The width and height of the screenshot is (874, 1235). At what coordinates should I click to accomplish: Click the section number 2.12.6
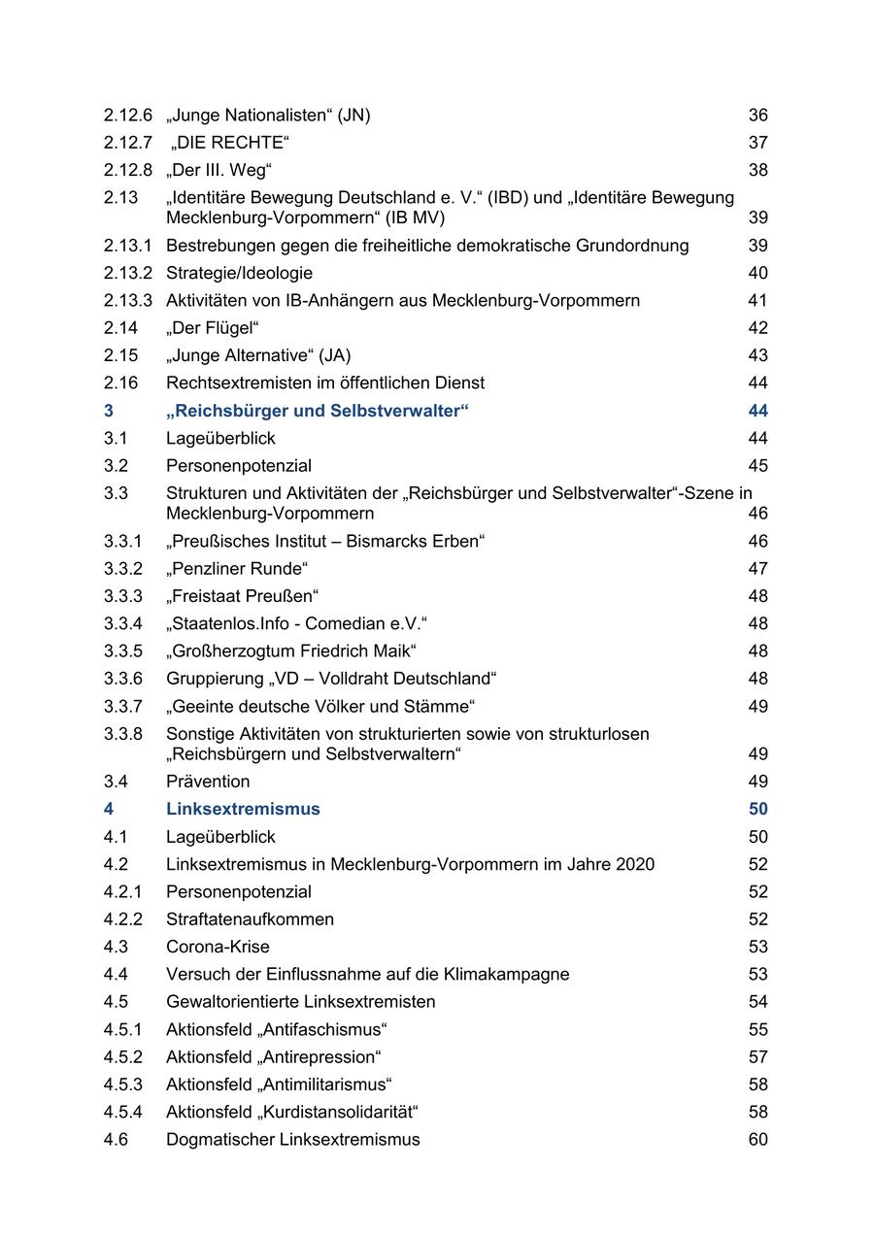[x=128, y=116]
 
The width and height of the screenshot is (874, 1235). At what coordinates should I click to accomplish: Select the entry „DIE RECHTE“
[x=231, y=143]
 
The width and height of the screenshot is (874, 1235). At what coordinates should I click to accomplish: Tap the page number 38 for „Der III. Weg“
[x=757, y=170]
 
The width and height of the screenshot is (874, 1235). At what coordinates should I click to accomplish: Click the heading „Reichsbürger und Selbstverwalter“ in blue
[x=318, y=411]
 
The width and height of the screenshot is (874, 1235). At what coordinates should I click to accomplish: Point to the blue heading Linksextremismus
[x=243, y=809]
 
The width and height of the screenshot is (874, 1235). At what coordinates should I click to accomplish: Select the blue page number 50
[x=757, y=809]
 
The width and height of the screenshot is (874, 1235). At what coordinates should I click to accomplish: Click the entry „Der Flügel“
[x=213, y=328]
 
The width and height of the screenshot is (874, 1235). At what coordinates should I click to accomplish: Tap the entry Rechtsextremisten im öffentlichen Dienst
[x=325, y=383]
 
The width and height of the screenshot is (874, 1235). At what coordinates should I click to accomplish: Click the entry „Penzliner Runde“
[x=237, y=569]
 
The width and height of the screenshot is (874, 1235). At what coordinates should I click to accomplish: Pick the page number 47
[x=757, y=569]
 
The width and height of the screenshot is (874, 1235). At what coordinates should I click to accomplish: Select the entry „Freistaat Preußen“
[x=243, y=596]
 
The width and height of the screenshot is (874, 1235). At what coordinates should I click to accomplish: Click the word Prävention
[x=208, y=782]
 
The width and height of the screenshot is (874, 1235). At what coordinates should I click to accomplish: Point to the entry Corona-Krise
[x=218, y=947]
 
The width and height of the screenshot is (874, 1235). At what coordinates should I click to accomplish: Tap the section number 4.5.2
[x=123, y=1056]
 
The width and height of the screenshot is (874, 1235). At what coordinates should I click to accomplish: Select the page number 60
[x=757, y=1139]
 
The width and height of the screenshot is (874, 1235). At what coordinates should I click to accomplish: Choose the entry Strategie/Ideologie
[x=239, y=273]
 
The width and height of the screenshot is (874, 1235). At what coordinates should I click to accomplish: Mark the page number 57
[x=757, y=1056]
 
